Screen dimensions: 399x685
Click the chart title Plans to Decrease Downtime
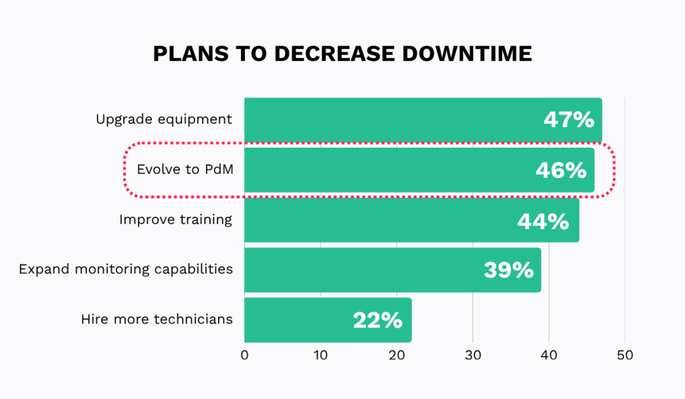[x=342, y=53]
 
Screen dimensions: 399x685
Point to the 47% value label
[x=568, y=120]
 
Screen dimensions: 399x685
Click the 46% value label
[x=561, y=170]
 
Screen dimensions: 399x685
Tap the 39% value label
[x=508, y=270]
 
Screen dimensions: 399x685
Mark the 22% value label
[x=377, y=320]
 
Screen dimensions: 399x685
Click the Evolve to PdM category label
[x=185, y=170]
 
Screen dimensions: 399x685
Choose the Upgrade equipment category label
[x=164, y=120]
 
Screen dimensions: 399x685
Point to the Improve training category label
[x=175, y=219]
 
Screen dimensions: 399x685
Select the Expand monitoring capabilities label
[x=126, y=269]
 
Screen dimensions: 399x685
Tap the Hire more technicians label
[x=157, y=319]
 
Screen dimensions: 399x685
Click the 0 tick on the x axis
[x=245, y=356]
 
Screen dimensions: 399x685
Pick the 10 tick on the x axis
[x=320, y=356]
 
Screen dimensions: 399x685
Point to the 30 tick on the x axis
[x=473, y=356]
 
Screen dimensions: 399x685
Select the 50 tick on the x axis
[x=625, y=356]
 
